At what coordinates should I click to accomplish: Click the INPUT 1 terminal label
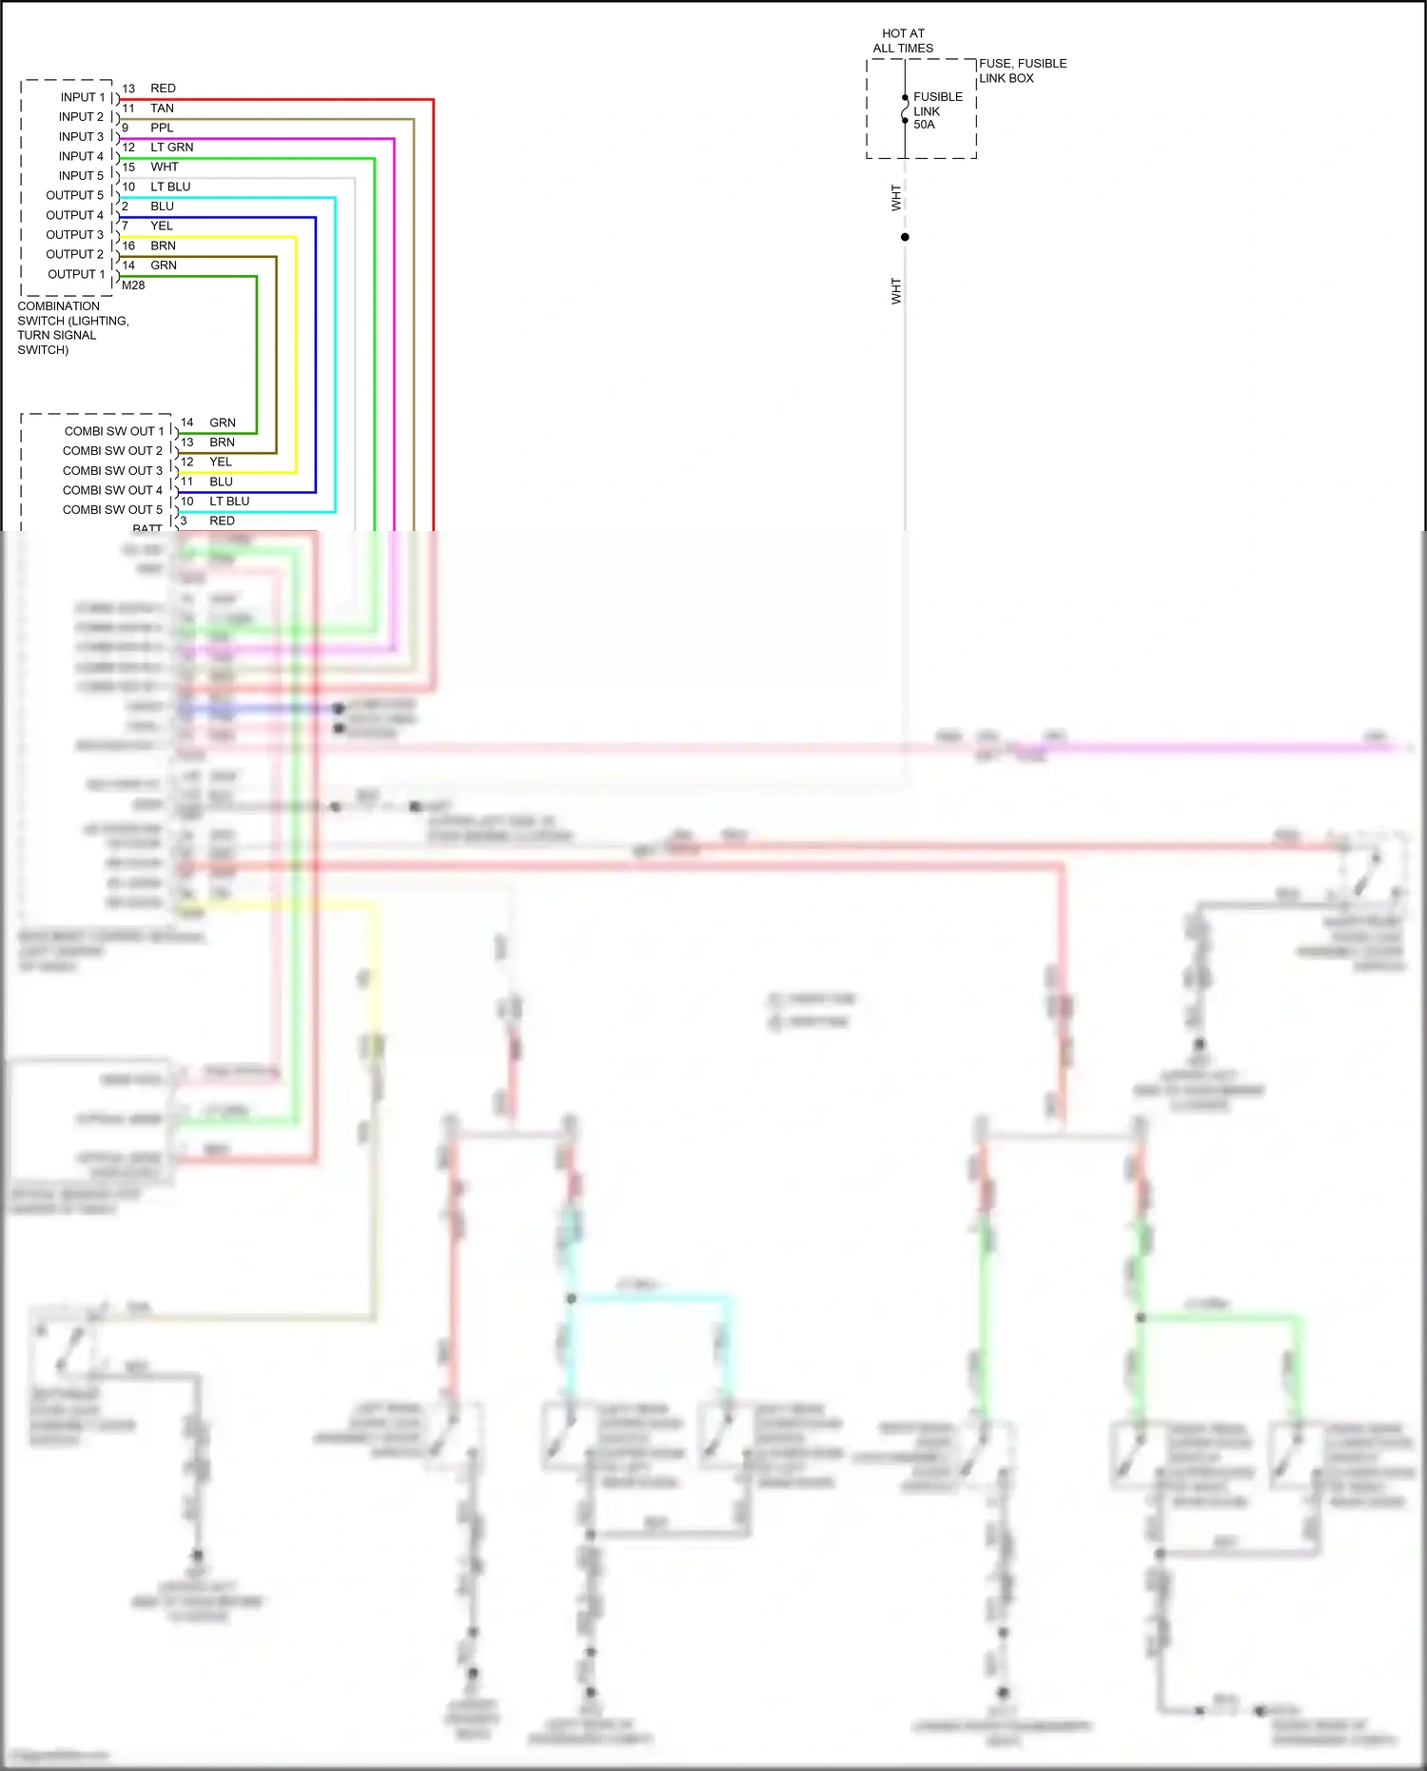pyautogui.click(x=82, y=97)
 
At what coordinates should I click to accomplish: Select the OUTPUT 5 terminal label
pyautogui.click(x=75, y=195)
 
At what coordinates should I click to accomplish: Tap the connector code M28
pyautogui.click(x=133, y=285)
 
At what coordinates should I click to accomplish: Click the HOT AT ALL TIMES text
pyautogui.click(x=903, y=41)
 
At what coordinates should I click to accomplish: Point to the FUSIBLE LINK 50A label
pyautogui.click(x=937, y=110)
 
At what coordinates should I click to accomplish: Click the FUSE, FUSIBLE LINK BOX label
pyautogui.click(x=1023, y=70)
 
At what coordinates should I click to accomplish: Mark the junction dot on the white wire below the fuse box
pyautogui.click(x=905, y=237)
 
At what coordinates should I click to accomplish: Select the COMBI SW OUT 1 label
pyautogui.click(x=114, y=431)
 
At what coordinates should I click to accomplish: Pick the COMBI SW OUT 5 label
pyautogui.click(x=112, y=510)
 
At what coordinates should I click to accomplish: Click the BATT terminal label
pyautogui.click(x=147, y=528)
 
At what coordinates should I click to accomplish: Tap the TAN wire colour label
pyautogui.click(x=162, y=108)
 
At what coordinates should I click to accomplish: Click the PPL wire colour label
pyautogui.click(x=162, y=128)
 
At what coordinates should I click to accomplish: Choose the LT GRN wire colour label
pyautogui.click(x=171, y=148)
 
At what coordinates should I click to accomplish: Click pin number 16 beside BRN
pyautogui.click(x=128, y=246)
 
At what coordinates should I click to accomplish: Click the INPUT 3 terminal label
pyautogui.click(x=81, y=136)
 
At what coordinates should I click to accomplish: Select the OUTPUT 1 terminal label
pyautogui.click(x=76, y=274)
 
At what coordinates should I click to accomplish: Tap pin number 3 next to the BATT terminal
pyautogui.click(x=184, y=521)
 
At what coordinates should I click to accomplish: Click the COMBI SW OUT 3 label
pyautogui.click(x=112, y=471)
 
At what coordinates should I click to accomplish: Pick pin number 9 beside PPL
pyautogui.click(x=125, y=128)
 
